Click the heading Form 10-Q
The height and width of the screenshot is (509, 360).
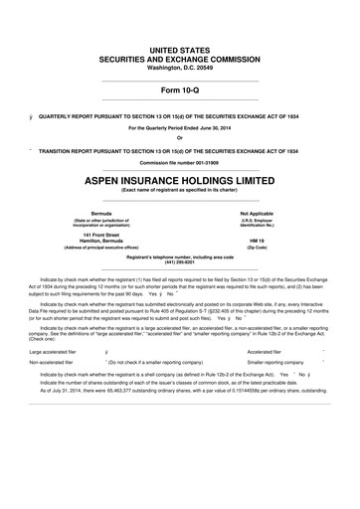coord(180,91)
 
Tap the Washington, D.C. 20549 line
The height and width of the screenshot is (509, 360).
coord(180,67)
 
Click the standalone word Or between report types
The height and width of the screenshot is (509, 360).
coord(180,138)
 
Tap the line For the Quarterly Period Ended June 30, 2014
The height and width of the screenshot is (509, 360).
coord(180,128)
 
